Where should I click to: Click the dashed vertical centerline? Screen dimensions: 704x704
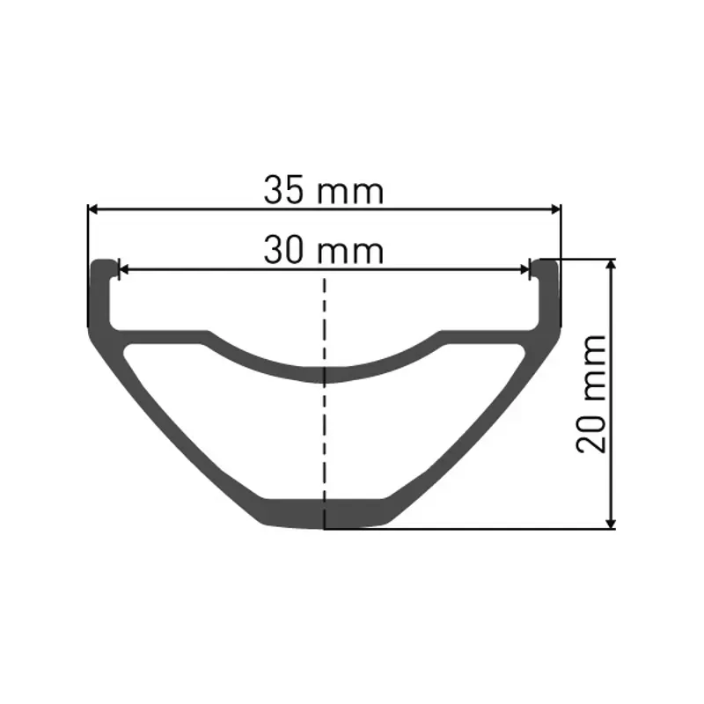pyautogui.click(x=325, y=422)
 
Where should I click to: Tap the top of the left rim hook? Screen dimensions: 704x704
pyautogui.click(x=104, y=263)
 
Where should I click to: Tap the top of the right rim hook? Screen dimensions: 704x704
pyautogui.click(x=546, y=263)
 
